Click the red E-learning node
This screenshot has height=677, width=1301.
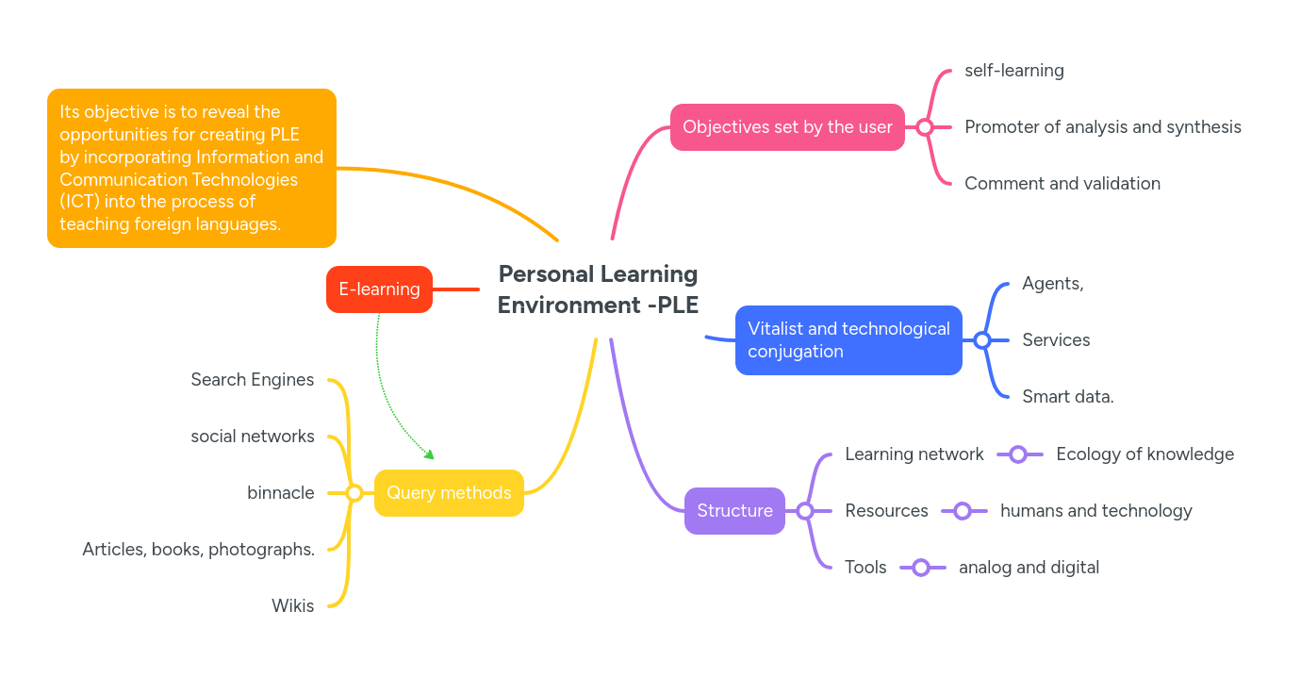tap(379, 289)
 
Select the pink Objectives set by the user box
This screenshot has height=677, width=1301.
tap(787, 127)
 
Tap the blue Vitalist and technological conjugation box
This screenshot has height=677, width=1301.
tap(848, 340)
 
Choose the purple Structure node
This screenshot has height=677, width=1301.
tap(734, 511)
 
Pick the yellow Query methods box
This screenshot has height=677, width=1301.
tap(449, 493)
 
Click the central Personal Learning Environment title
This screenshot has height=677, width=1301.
tap(598, 289)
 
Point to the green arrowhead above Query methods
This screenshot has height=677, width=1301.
tap(430, 455)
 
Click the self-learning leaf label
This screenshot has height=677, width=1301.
tap(1014, 71)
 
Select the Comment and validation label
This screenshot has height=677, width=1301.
tap(1062, 184)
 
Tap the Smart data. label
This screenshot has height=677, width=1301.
tap(1068, 397)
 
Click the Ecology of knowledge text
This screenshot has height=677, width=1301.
tap(1145, 454)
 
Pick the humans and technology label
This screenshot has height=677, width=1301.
tap(1095, 511)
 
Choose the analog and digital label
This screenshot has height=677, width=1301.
tap(1029, 568)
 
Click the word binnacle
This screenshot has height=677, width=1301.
tap(281, 493)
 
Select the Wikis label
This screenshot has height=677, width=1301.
tap(293, 606)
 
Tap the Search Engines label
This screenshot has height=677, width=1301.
tap(253, 380)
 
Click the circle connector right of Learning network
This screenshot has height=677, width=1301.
tap(1018, 454)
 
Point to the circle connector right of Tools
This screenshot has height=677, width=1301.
tap(921, 568)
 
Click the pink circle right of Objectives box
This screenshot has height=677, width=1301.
tap(925, 127)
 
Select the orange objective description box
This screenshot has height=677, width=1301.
tap(191, 169)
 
